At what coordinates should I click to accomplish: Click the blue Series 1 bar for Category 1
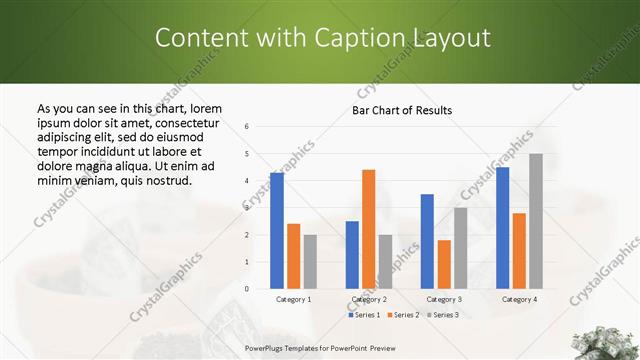pyautogui.click(x=277, y=230)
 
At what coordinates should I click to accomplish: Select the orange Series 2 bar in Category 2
pyautogui.click(x=368, y=229)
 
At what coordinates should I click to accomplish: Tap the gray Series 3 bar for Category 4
pyautogui.click(x=536, y=221)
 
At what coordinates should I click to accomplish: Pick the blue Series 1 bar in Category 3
pyautogui.click(x=427, y=241)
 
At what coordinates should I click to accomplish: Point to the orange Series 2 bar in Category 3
pyautogui.click(x=444, y=264)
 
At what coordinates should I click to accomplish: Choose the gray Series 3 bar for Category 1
pyautogui.click(x=310, y=261)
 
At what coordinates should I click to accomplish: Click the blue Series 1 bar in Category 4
pyautogui.click(x=502, y=227)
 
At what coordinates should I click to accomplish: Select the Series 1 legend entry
pyautogui.click(x=364, y=315)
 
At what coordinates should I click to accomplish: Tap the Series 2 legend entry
pyautogui.click(x=403, y=315)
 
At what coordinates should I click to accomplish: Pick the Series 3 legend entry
pyautogui.click(x=442, y=315)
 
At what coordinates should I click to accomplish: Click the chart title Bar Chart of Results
pyautogui.click(x=403, y=110)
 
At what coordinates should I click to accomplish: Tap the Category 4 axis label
pyautogui.click(x=519, y=299)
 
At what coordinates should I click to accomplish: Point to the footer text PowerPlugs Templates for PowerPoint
pyautogui.click(x=310, y=347)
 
